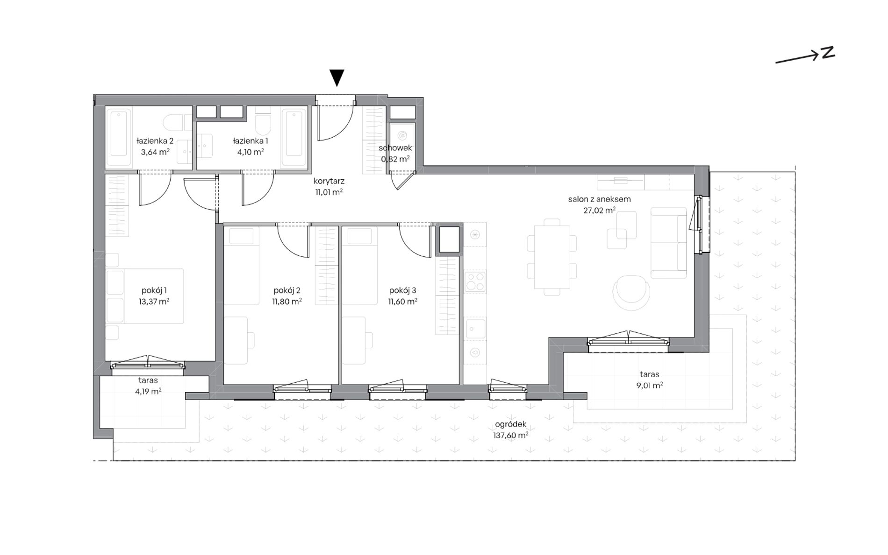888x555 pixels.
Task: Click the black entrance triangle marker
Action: (x=337, y=77)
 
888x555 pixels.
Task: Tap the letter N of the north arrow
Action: (x=828, y=53)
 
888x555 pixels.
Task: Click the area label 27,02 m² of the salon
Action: (x=599, y=211)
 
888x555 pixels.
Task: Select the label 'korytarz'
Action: (x=329, y=181)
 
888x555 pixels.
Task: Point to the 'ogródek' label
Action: (x=510, y=424)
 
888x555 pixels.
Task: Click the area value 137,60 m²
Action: (x=510, y=436)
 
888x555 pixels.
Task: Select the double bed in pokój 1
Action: (x=144, y=296)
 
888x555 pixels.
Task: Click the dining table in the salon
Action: (x=552, y=257)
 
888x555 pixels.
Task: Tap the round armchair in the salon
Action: (x=631, y=292)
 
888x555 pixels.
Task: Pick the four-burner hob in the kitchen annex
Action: (x=475, y=281)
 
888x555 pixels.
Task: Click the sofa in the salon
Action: (x=668, y=243)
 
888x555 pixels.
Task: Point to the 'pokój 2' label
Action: (x=286, y=290)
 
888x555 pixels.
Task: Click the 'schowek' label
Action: (x=395, y=148)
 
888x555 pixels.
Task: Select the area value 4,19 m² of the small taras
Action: (x=148, y=392)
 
